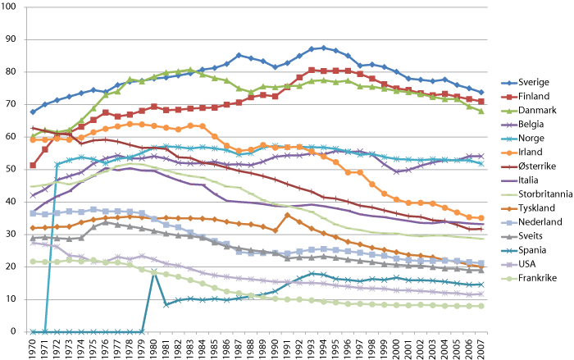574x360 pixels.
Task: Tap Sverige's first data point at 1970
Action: click(x=33, y=112)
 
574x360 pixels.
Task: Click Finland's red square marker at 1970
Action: click(x=33, y=166)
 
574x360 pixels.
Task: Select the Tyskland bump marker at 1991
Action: click(x=287, y=215)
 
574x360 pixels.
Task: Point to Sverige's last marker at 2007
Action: click(x=481, y=93)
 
